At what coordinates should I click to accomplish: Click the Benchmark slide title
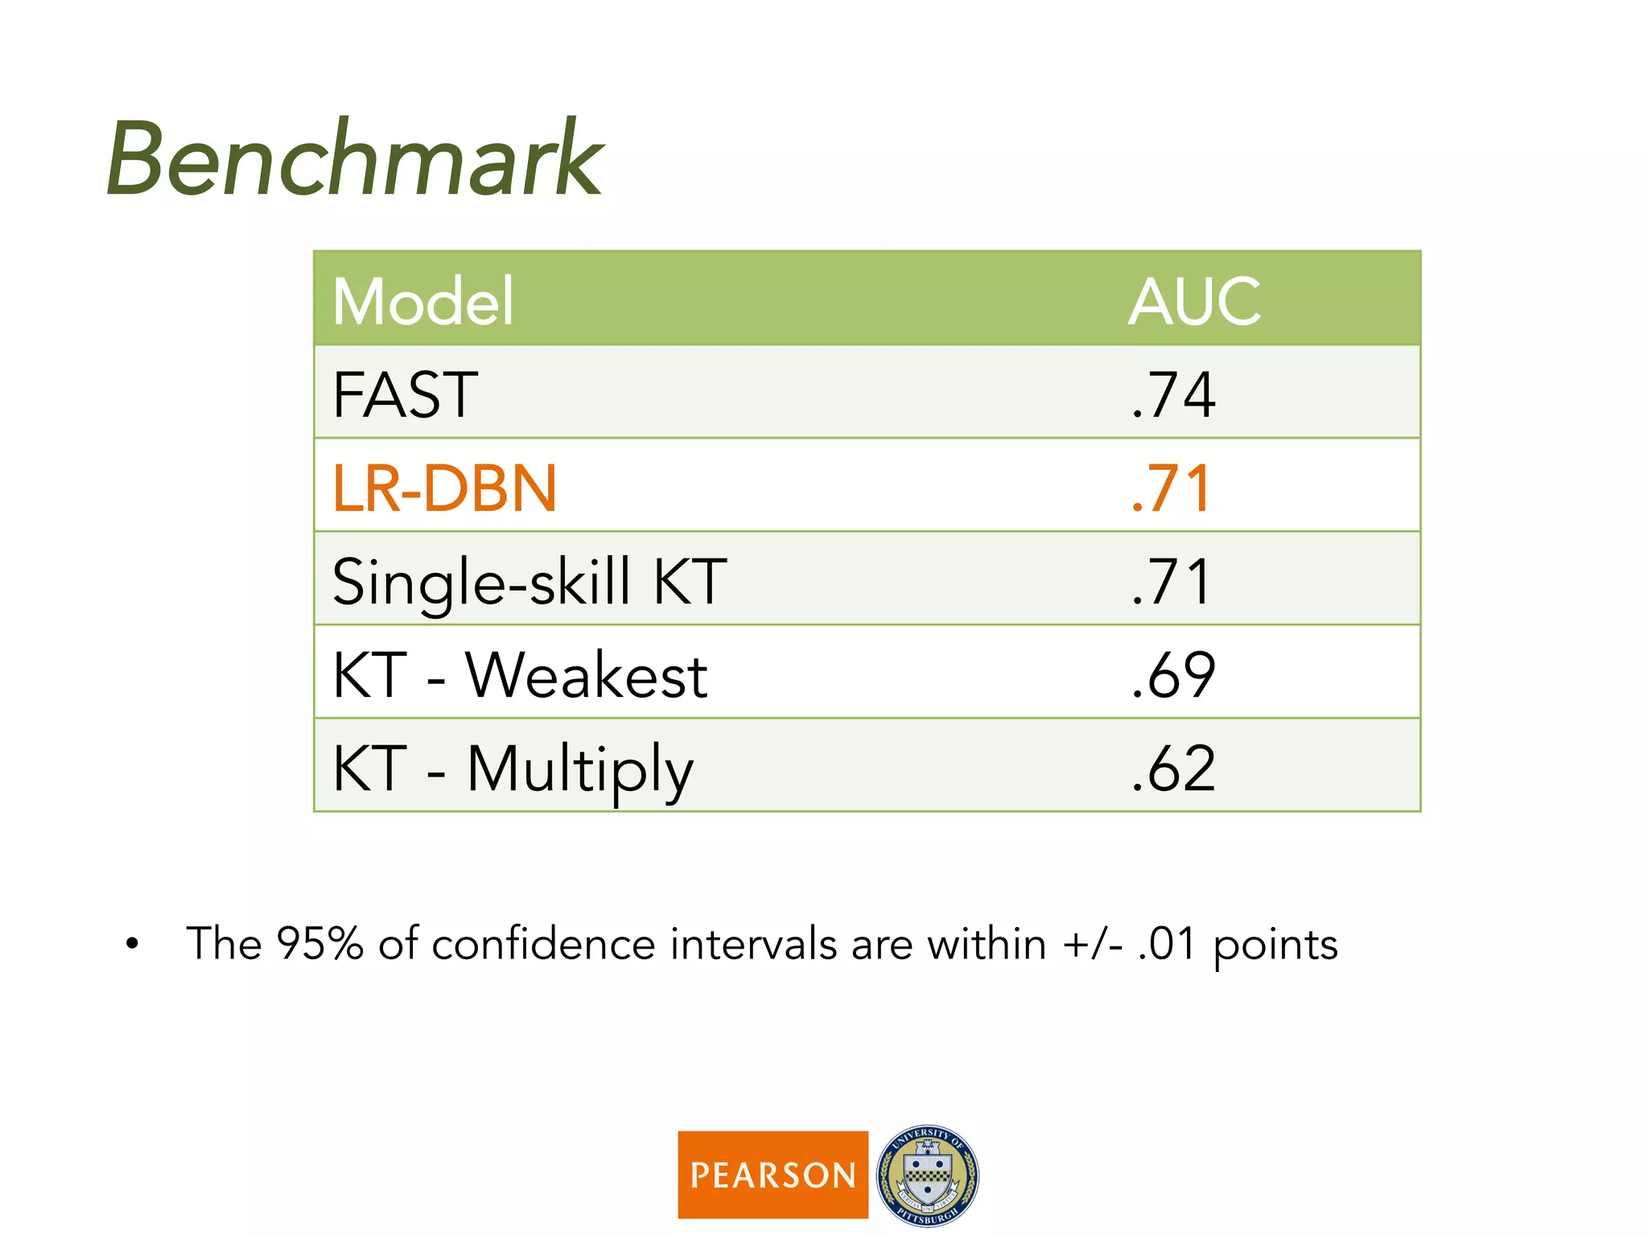pyautogui.click(x=354, y=159)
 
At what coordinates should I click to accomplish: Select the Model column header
pyautogui.click(x=422, y=301)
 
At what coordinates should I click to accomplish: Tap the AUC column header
pyautogui.click(x=1194, y=301)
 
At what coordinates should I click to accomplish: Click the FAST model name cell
pyautogui.click(x=405, y=394)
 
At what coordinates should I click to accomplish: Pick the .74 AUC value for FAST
pyautogui.click(x=1172, y=394)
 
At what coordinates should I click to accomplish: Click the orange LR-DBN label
pyautogui.click(x=444, y=488)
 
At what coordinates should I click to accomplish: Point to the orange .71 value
pyautogui.click(x=1170, y=488)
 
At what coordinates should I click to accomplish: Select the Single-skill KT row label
pyautogui.click(x=529, y=581)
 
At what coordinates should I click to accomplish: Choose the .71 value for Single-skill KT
pyautogui.click(x=1170, y=581)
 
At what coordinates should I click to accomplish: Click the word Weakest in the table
pyautogui.click(x=587, y=674)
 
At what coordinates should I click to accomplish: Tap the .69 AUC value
pyautogui.click(x=1172, y=674)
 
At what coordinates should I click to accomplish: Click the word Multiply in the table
pyautogui.click(x=579, y=769)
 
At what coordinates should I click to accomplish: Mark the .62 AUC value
pyautogui.click(x=1172, y=768)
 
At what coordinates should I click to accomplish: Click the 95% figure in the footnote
pyautogui.click(x=319, y=943)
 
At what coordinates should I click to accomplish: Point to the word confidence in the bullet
pyautogui.click(x=543, y=943)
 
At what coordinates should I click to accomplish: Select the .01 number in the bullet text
pyautogui.click(x=1167, y=943)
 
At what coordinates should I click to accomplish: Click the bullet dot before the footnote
pyautogui.click(x=132, y=944)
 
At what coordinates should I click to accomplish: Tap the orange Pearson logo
pyautogui.click(x=772, y=1174)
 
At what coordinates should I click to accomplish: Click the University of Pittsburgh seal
pyautogui.click(x=927, y=1175)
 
